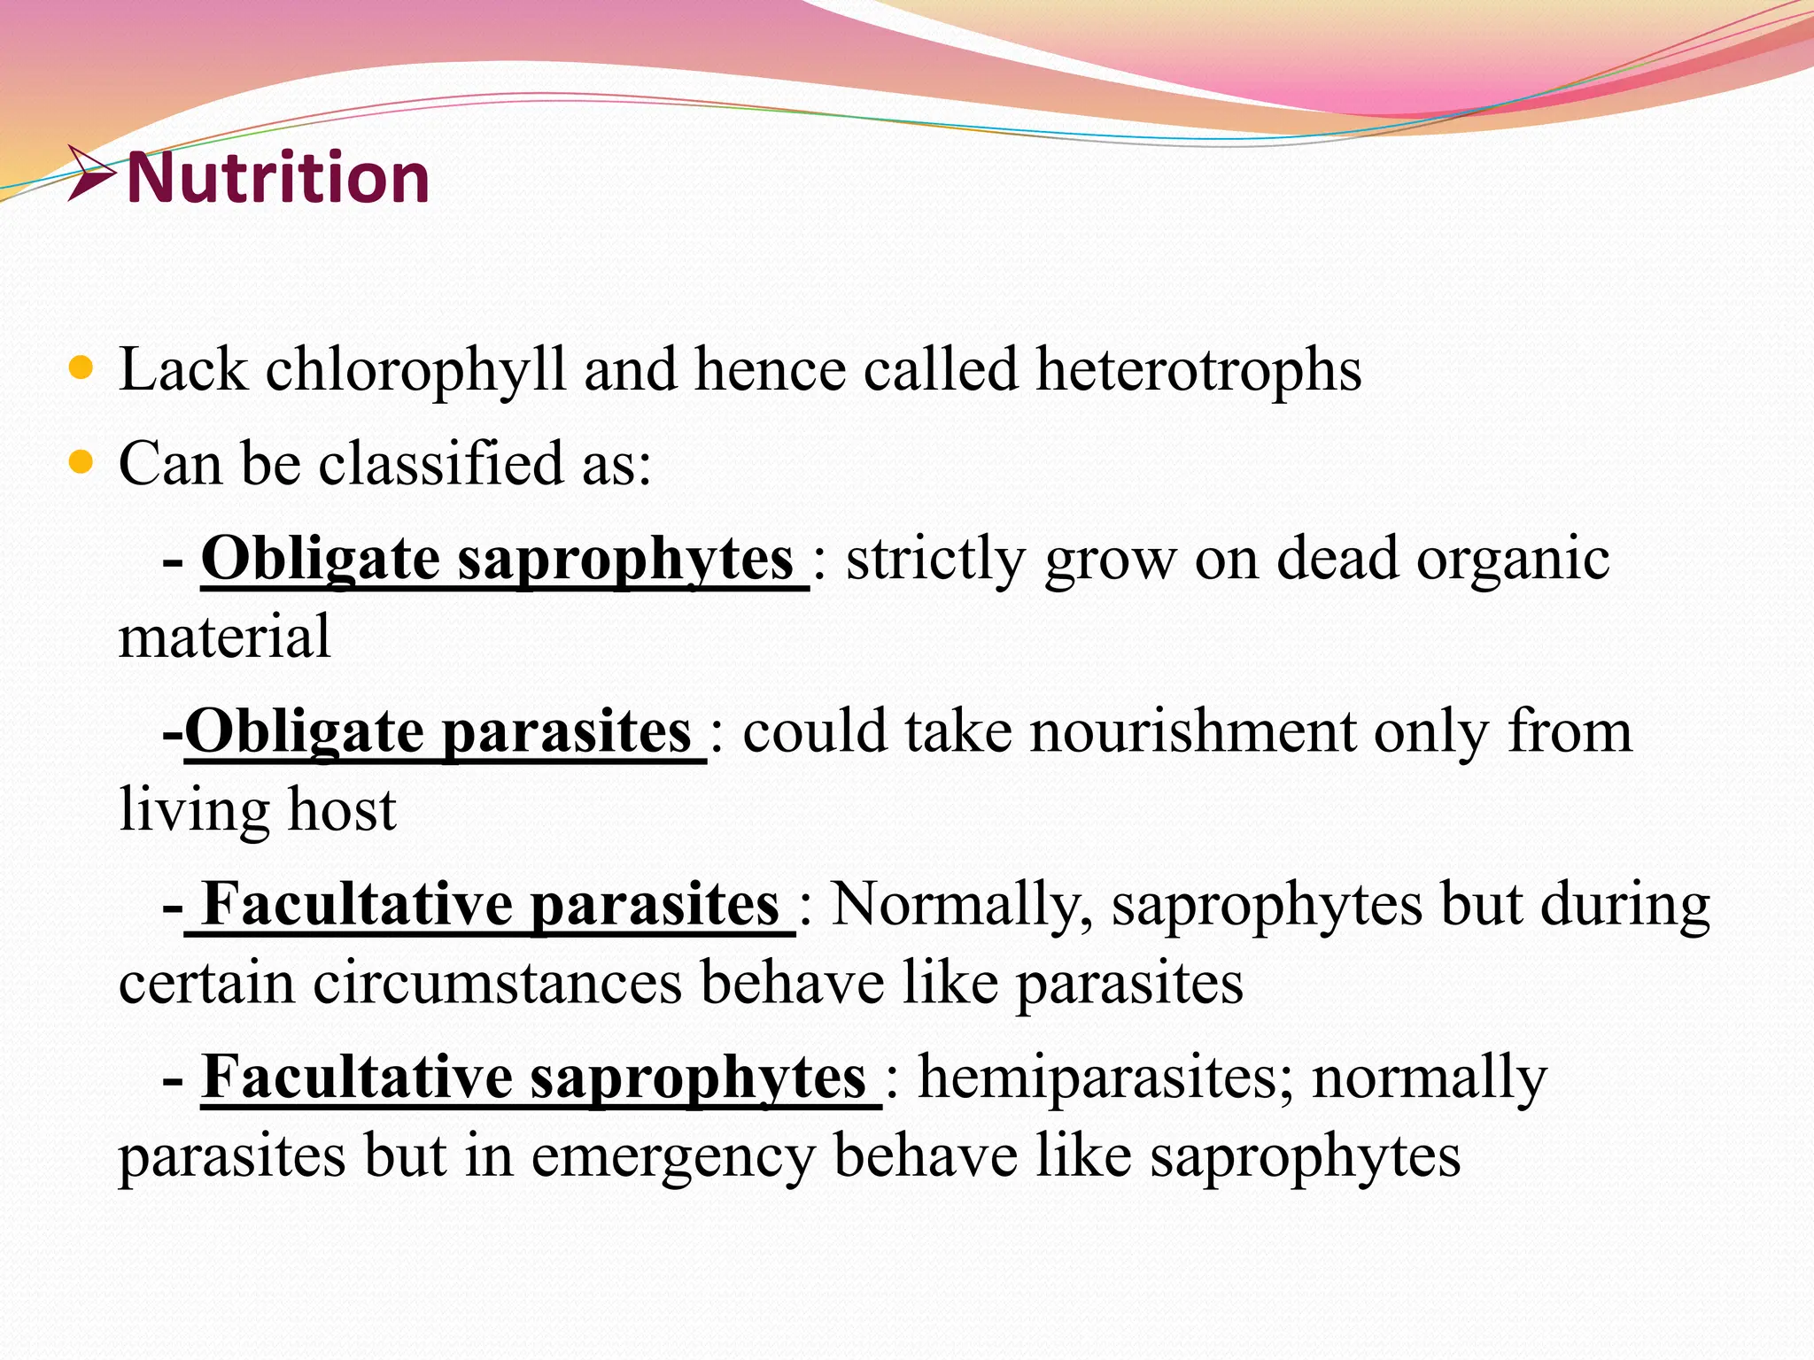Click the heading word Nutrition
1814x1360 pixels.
[278, 177]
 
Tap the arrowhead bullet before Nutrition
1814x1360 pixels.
[91, 173]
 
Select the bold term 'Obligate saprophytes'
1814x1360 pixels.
[497, 560]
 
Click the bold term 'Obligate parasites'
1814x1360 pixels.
[438, 732]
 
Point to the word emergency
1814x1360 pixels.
[672, 1157]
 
